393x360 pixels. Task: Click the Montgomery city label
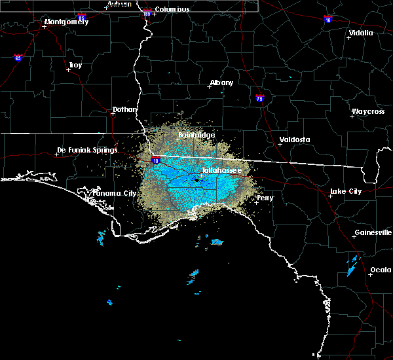pos(65,22)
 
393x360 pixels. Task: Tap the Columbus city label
pos(172,9)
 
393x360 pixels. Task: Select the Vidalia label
pos(361,32)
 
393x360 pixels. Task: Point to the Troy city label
pos(75,65)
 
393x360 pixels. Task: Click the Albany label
pos(221,83)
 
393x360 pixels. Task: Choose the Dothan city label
pos(124,109)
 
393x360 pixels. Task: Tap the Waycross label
pos(367,111)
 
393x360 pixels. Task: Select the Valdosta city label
pos(294,139)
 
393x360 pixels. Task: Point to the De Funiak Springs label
pos(86,150)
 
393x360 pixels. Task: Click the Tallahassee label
pos(221,170)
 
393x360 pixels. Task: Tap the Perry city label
pos(265,197)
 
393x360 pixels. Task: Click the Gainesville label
pos(373,232)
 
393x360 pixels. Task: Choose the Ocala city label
pos(381,270)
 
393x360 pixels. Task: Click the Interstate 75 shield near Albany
pos(260,99)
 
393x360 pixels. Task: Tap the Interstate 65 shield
pos(18,58)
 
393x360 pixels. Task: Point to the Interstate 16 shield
pos(327,20)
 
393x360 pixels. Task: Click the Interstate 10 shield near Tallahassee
pos(155,159)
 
